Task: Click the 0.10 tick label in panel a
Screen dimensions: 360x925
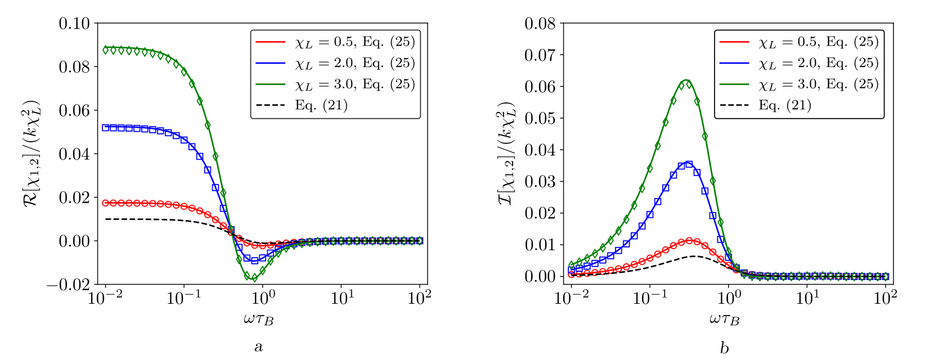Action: point(75,23)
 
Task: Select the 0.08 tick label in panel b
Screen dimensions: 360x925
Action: point(540,24)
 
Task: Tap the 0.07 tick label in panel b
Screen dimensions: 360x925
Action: point(540,55)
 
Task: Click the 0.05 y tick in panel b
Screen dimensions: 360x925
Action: point(540,119)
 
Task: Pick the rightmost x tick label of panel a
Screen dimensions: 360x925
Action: point(420,298)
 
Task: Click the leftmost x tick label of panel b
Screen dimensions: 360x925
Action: point(572,298)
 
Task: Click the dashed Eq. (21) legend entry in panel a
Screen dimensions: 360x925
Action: point(321,105)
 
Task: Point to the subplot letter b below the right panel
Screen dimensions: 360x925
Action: point(724,347)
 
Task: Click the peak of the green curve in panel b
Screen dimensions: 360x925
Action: point(686,80)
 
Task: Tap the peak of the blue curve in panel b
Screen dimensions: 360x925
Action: point(688,163)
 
